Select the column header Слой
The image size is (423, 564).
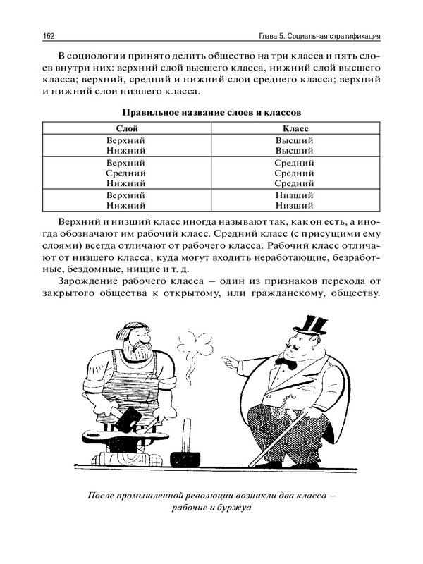[x=125, y=128]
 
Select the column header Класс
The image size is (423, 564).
[x=295, y=128]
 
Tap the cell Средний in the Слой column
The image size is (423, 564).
[x=125, y=173]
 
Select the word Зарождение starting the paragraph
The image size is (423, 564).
[x=87, y=281]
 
